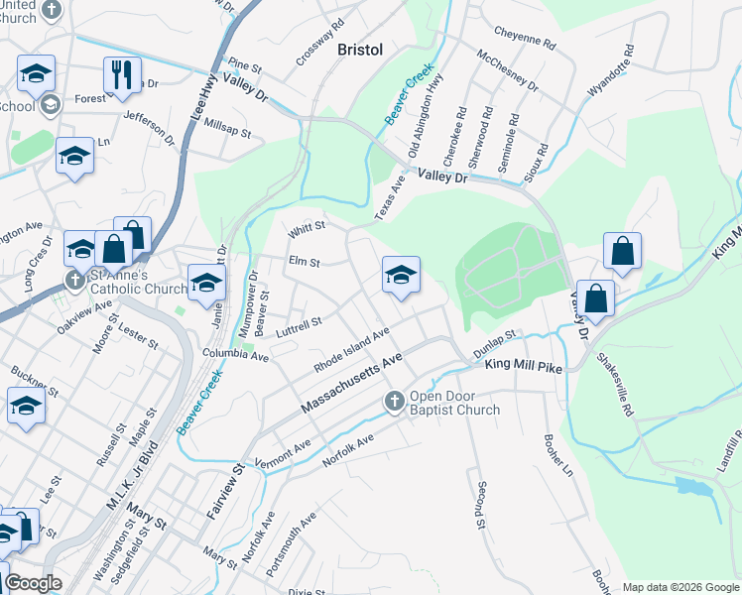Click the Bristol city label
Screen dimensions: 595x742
(359, 50)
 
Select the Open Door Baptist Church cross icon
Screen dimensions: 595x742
(394, 401)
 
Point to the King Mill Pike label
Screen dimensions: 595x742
(523, 367)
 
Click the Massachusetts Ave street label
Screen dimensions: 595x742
(351, 383)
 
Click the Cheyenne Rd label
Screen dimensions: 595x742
(523, 40)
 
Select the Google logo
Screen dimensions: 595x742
(33, 583)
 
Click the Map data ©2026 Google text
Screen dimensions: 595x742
(680, 587)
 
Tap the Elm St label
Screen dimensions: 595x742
(303, 263)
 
